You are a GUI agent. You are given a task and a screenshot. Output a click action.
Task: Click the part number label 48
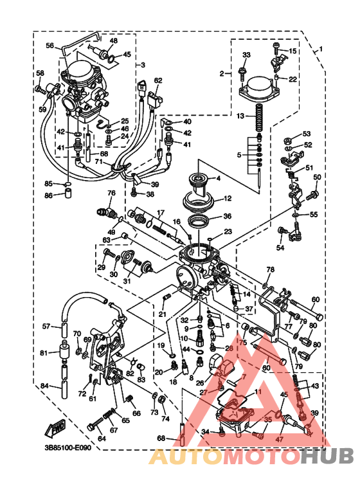point(113,41)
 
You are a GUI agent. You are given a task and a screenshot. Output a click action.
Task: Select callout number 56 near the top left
point(50,46)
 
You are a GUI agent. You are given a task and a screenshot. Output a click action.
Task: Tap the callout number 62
point(157,80)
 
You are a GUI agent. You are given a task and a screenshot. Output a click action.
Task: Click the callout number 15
point(292,50)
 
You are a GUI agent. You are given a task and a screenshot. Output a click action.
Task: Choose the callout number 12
point(227,199)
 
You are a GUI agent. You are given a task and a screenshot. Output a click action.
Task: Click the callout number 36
point(227,216)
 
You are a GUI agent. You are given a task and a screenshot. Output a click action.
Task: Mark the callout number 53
point(306,134)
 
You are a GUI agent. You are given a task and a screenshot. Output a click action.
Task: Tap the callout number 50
point(316,177)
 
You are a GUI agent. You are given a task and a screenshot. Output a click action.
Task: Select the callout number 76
point(111,193)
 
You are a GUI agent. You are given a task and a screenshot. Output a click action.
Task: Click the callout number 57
point(46,327)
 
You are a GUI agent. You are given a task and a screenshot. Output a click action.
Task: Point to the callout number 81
point(44,353)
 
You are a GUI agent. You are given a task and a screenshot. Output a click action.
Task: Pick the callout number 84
point(44,386)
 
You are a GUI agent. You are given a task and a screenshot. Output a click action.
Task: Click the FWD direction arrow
point(56,427)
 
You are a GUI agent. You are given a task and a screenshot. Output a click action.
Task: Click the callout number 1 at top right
point(322,48)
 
